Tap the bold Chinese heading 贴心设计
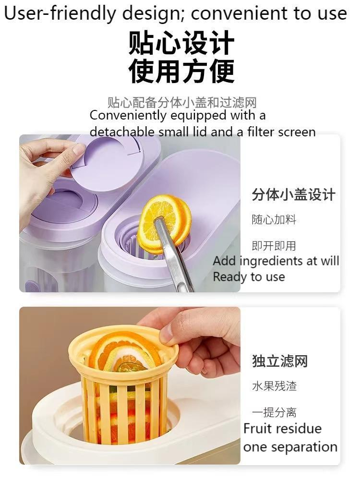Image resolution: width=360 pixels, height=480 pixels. coord(181,44)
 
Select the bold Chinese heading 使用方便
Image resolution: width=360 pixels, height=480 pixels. coord(181,71)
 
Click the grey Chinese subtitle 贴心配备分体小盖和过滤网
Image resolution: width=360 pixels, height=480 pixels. coord(182,102)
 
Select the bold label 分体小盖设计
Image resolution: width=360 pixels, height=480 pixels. coord(293,195)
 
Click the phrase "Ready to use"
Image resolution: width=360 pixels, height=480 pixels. coord(249,277)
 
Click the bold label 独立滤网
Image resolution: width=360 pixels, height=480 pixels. coord(280,361)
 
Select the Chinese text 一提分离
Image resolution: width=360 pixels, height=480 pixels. coord(274,412)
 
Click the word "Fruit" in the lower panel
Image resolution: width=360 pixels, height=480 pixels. coord(259,428)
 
